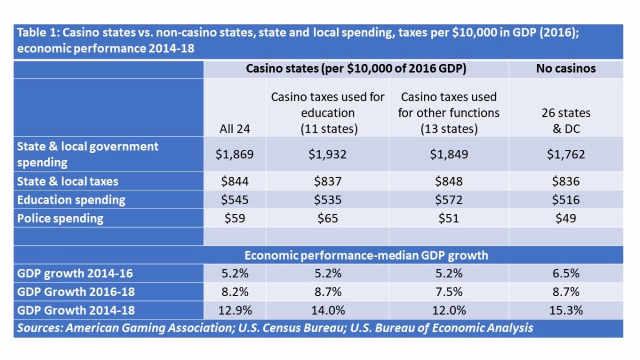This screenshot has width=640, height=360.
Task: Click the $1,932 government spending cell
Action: (x=327, y=155)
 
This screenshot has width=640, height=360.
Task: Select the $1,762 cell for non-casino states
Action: (x=566, y=155)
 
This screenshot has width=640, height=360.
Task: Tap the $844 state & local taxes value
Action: (x=235, y=181)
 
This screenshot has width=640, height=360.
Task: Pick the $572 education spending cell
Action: (x=449, y=200)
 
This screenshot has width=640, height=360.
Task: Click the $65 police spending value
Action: (x=327, y=218)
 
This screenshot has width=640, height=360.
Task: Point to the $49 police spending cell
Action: (x=566, y=218)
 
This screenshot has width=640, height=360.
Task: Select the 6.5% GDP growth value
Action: (x=566, y=274)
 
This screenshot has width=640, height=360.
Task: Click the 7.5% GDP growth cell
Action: (x=449, y=292)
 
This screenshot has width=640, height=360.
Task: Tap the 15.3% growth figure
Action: (x=566, y=310)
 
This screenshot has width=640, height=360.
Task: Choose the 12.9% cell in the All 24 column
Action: (x=235, y=310)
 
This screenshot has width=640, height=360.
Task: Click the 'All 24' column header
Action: (x=235, y=129)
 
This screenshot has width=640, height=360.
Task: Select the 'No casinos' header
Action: (x=566, y=68)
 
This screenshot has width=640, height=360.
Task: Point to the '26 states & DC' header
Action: (x=566, y=121)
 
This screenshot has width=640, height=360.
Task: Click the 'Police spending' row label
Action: (x=60, y=218)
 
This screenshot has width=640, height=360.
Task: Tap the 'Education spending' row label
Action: (x=71, y=200)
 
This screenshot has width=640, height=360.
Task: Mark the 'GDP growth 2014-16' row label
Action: (x=75, y=274)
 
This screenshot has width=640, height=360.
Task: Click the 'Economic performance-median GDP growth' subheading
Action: (x=366, y=255)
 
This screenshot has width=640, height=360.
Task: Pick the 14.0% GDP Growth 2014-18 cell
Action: (x=327, y=310)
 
